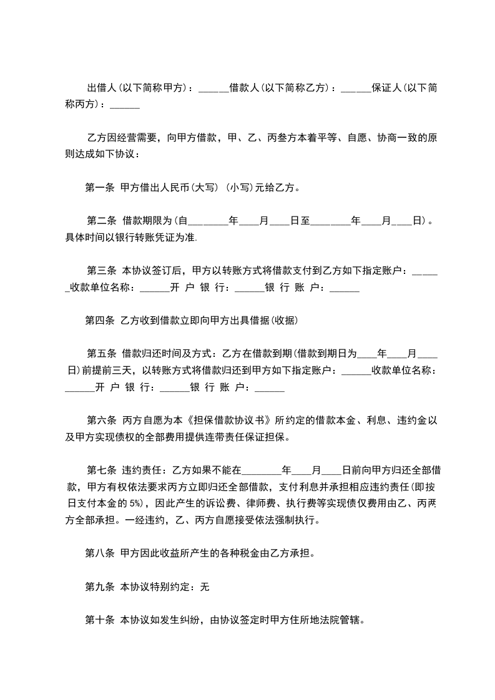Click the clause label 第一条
point(99,187)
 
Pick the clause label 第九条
point(99,586)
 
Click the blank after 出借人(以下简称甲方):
point(213,88)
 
